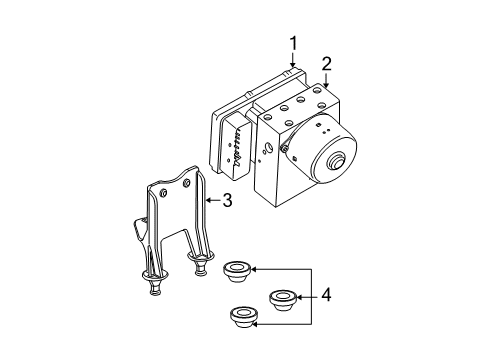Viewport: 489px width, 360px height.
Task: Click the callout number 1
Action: click(x=294, y=42)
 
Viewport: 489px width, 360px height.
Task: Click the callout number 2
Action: click(x=326, y=64)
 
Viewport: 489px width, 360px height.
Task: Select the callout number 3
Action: click(x=227, y=201)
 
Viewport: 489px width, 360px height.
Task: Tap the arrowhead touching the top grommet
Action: click(x=253, y=269)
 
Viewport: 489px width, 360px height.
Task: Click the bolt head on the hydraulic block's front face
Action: click(x=285, y=150)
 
